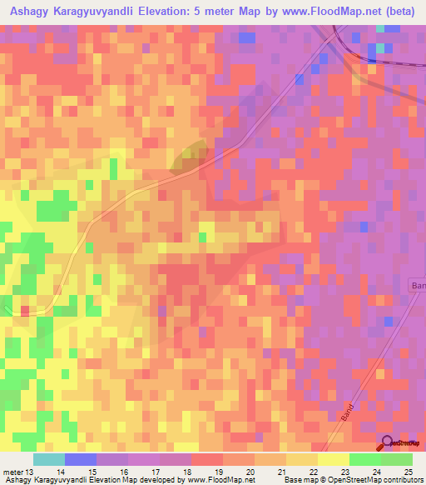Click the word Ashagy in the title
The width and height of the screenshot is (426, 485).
click(x=32, y=11)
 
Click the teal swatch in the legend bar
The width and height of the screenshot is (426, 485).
click(x=48, y=460)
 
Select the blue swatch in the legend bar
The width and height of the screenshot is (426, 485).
click(x=81, y=460)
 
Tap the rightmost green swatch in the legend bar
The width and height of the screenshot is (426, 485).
click(x=397, y=460)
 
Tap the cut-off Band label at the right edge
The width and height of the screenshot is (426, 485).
click(x=418, y=286)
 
